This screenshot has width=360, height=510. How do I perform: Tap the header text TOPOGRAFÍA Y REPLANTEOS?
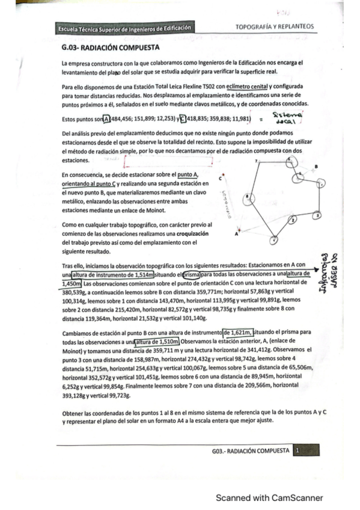(274, 27)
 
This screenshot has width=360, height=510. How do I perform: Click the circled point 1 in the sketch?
(274, 240)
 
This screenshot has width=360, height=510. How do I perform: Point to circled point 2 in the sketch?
(293, 220)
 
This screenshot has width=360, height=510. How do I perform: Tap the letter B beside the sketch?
(317, 167)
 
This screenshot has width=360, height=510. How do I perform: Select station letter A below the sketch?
(236, 234)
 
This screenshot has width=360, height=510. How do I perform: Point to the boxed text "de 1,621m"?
(237, 331)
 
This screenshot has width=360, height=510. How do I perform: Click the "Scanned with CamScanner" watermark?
(269, 497)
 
